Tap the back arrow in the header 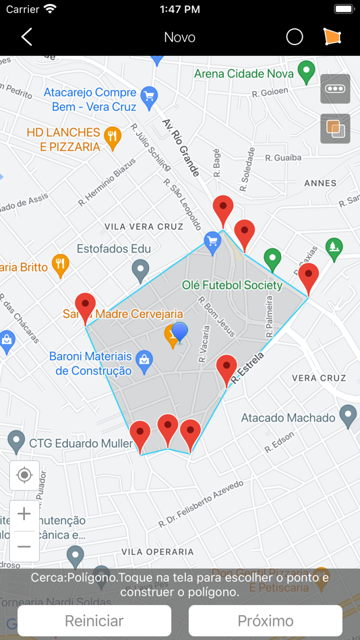[x=27, y=37]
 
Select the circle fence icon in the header [x=295, y=37]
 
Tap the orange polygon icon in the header [x=332, y=37]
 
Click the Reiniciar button [x=94, y=620]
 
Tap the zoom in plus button [x=24, y=515]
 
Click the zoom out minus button [x=24, y=546]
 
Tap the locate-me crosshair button [x=24, y=476]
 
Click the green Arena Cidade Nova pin [x=307, y=71]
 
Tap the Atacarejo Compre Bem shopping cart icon [x=148, y=95]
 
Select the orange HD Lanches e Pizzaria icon [x=113, y=137]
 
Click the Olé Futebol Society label [x=232, y=285]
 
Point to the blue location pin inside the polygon [x=180, y=332]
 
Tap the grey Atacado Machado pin [x=347, y=416]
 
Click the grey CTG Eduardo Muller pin [x=17, y=441]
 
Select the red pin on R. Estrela [x=227, y=369]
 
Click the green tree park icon [x=334, y=249]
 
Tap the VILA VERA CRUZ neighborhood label [x=144, y=226]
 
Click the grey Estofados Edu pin [x=140, y=270]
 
